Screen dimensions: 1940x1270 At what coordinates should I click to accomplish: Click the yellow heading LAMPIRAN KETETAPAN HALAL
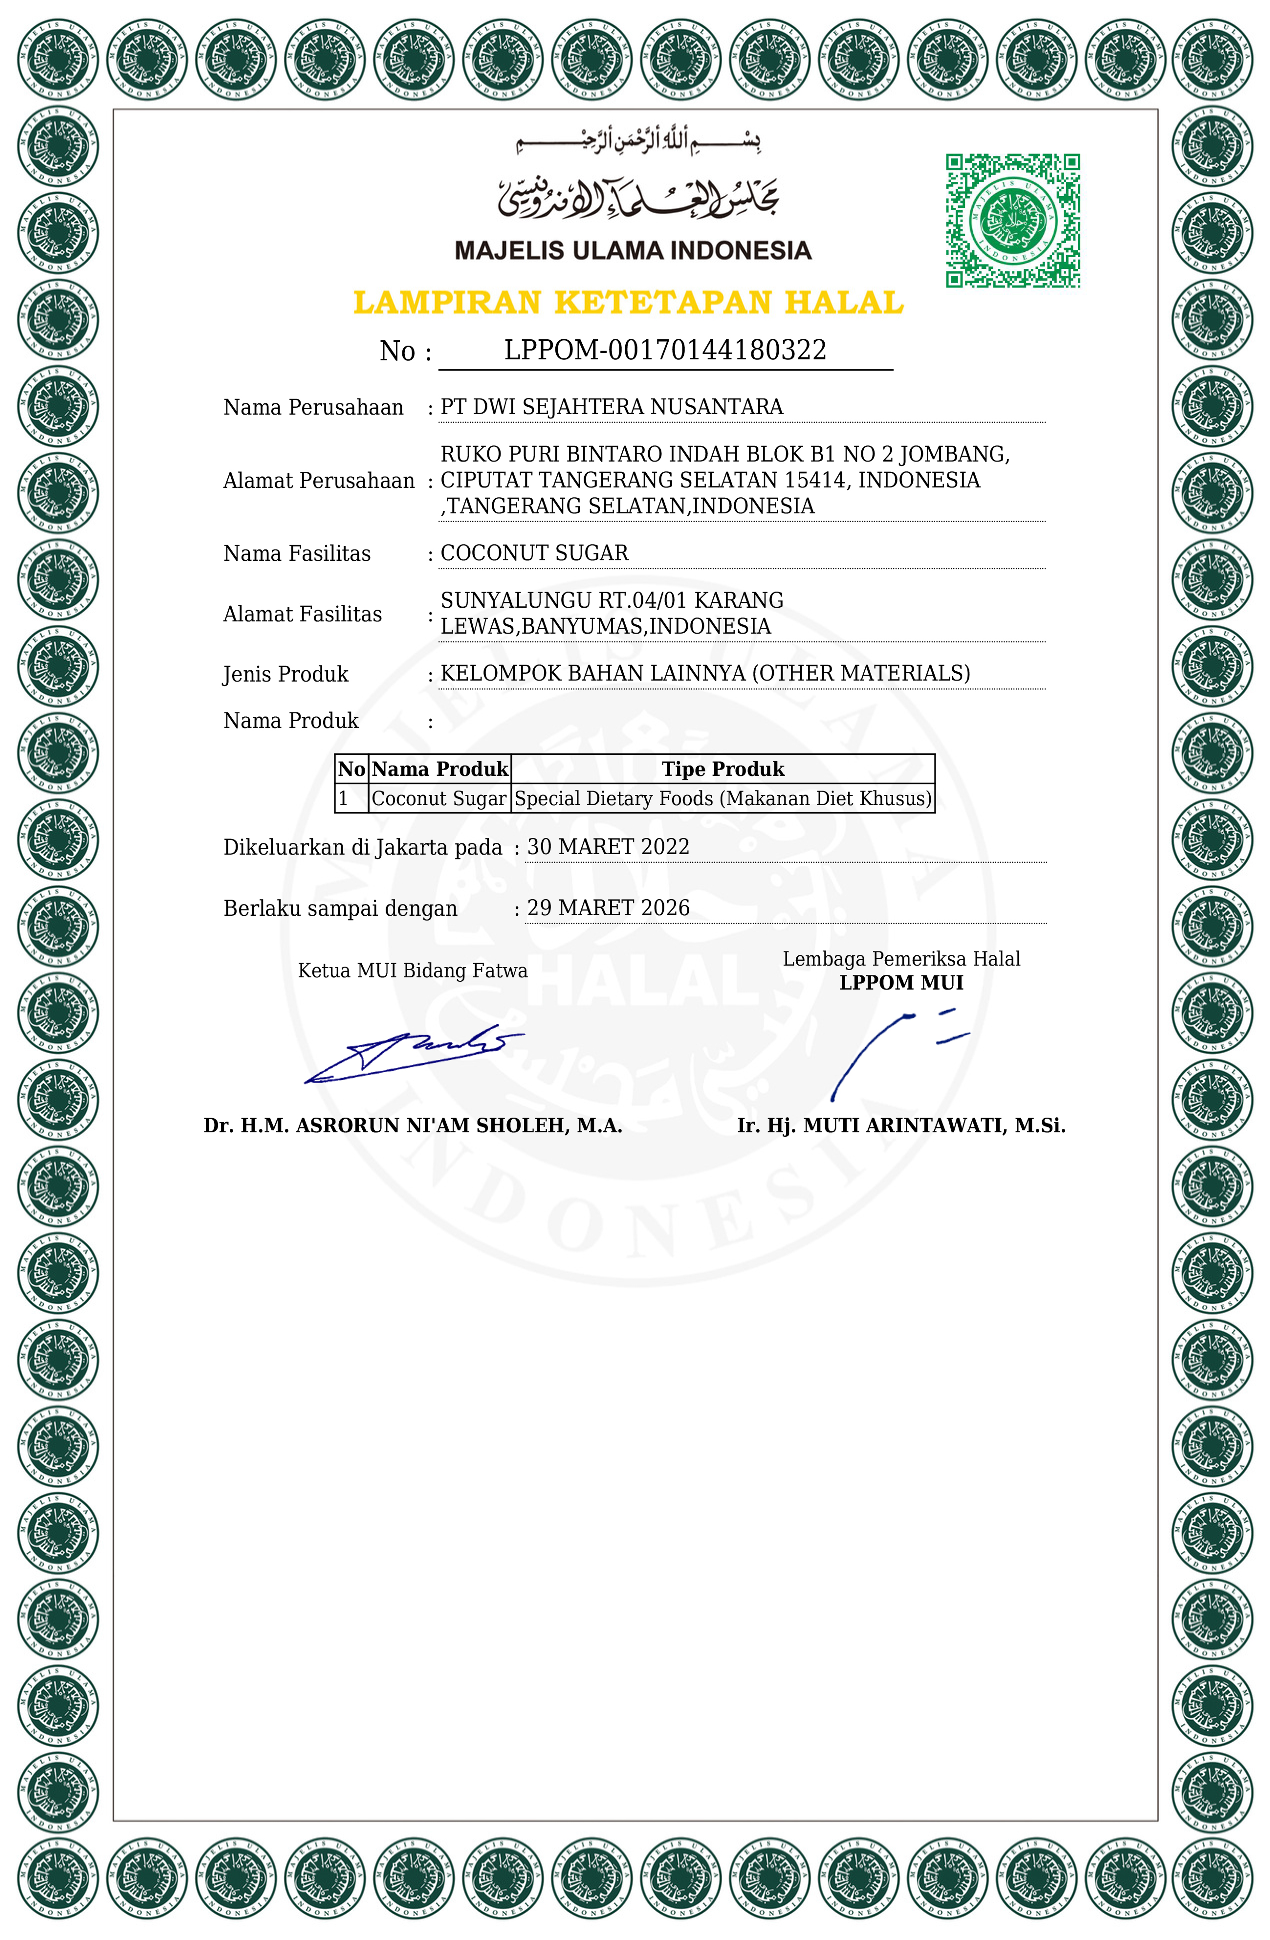[x=628, y=303]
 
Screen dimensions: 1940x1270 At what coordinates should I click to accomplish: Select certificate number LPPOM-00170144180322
[x=665, y=350]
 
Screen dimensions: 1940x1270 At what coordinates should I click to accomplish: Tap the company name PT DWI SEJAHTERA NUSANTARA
[x=612, y=407]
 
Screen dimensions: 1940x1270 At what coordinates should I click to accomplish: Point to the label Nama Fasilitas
[x=297, y=553]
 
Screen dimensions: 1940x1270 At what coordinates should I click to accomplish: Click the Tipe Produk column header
[x=722, y=769]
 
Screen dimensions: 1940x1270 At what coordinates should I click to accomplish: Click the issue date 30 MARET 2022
[x=608, y=847]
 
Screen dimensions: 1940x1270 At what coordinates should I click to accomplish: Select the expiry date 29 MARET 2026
[x=608, y=908]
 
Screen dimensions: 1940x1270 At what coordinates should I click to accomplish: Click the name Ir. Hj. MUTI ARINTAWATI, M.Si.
[x=901, y=1125]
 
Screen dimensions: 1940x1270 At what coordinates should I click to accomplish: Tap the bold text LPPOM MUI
[x=901, y=982]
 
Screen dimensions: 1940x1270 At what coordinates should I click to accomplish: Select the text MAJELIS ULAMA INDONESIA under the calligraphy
[x=633, y=250]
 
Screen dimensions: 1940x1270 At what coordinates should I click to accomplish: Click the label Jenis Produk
[x=285, y=674]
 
